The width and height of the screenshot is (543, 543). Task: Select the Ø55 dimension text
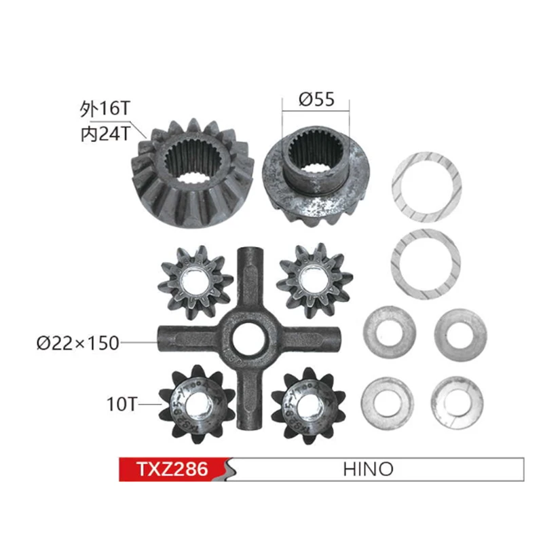(316, 100)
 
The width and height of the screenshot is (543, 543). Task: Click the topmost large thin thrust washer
(426, 187)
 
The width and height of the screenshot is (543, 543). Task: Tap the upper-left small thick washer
(389, 332)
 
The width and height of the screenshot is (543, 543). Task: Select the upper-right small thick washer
(460, 333)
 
